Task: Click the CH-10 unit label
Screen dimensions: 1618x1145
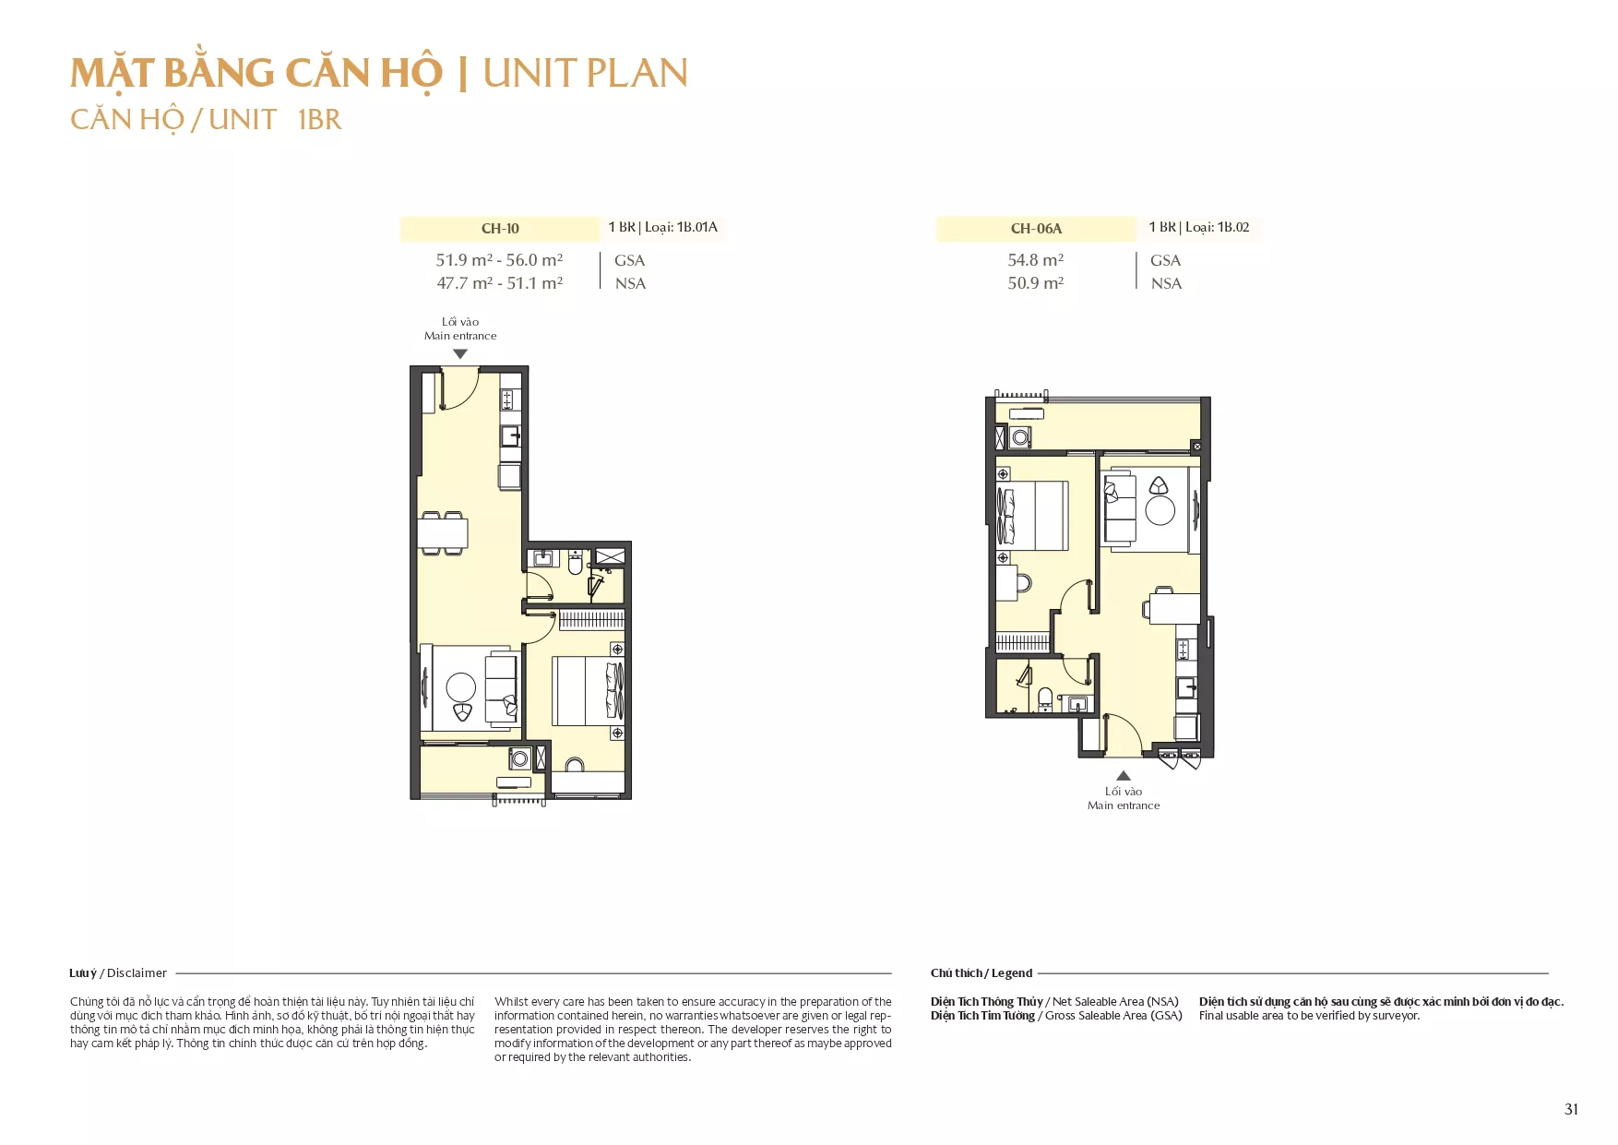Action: click(x=500, y=229)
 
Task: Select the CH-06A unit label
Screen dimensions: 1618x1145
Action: click(x=1036, y=229)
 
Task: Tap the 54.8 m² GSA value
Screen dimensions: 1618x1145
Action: click(x=1035, y=260)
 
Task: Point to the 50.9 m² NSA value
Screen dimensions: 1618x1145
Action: click(x=1035, y=283)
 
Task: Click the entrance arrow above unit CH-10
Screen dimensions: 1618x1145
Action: click(x=460, y=354)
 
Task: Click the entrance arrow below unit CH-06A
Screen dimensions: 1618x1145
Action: click(x=1124, y=776)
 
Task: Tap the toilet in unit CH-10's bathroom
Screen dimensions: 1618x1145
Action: click(x=576, y=561)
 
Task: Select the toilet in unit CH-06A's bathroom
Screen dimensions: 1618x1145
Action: click(x=1045, y=698)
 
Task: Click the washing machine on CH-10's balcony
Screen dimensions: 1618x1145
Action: click(x=519, y=759)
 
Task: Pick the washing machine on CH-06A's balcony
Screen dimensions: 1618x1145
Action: click(x=1020, y=436)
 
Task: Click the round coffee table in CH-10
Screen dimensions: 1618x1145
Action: click(x=461, y=687)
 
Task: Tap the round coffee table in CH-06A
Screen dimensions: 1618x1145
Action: click(x=1160, y=510)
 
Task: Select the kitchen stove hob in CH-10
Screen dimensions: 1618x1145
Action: click(x=507, y=400)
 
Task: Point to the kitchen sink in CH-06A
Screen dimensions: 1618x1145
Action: click(x=1186, y=687)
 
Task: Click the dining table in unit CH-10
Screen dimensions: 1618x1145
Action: click(x=443, y=533)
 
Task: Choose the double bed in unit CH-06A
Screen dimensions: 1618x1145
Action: click(x=1032, y=515)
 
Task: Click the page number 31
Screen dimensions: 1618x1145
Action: click(x=1572, y=1109)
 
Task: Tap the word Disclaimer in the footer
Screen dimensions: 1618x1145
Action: click(x=137, y=972)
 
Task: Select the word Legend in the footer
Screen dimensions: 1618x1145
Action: click(x=1012, y=972)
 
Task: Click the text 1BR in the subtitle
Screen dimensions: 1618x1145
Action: click(x=320, y=120)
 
